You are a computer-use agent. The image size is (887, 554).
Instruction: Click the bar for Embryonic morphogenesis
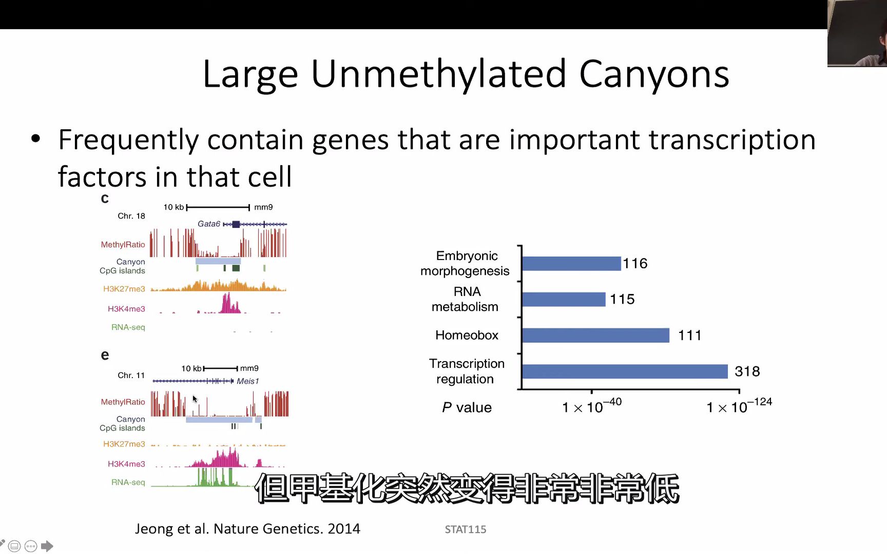click(x=571, y=264)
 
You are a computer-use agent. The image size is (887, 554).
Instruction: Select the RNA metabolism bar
click(x=564, y=299)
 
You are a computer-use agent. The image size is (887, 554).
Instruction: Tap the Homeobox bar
click(x=595, y=335)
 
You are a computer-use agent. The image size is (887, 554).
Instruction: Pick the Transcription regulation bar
click(x=625, y=371)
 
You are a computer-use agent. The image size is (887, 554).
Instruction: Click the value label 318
click(x=747, y=371)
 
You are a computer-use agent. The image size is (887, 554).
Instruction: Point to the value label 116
click(x=635, y=264)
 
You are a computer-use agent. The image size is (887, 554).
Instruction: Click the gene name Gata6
click(x=209, y=224)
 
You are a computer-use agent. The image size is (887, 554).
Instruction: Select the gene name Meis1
click(x=248, y=381)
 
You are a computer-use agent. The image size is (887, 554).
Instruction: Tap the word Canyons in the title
click(x=654, y=74)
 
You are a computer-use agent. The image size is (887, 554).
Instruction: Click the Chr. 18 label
click(x=131, y=216)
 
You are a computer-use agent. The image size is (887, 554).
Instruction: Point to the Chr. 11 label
click(x=131, y=375)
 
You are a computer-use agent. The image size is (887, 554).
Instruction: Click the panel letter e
click(x=105, y=355)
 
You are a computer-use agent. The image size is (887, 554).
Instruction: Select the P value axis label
click(x=467, y=408)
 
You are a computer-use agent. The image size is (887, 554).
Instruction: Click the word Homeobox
click(x=467, y=335)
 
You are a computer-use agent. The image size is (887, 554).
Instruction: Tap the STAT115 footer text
click(x=466, y=529)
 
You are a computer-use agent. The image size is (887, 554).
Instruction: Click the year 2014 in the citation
click(x=344, y=529)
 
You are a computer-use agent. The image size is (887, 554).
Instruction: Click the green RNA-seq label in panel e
click(x=128, y=482)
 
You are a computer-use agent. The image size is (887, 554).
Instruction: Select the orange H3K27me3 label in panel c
click(x=124, y=289)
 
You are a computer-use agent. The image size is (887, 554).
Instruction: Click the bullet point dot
click(x=35, y=138)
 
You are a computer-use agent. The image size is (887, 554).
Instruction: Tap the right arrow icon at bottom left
click(x=47, y=546)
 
